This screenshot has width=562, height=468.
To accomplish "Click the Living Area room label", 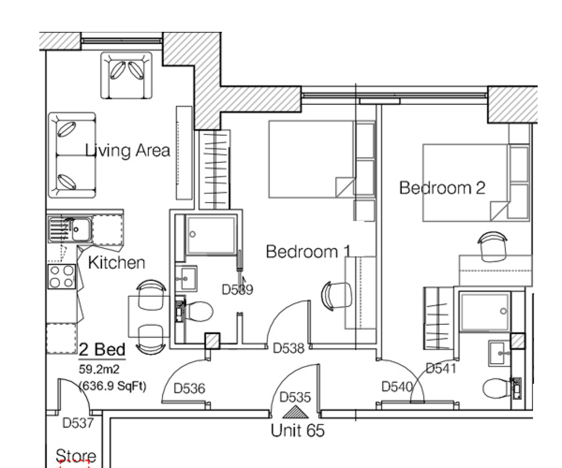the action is click(127, 150).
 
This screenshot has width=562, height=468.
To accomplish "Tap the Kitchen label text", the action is click(116, 263).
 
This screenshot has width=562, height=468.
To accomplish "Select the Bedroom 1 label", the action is click(308, 252).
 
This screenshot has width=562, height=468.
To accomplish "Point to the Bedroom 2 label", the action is click(442, 188).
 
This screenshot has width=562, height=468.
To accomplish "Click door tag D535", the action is click(295, 397).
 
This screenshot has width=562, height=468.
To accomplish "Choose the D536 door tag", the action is click(189, 388).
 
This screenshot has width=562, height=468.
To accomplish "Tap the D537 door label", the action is click(78, 423).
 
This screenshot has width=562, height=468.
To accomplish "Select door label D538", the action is click(289, 348).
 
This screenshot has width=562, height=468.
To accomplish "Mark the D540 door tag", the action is click(397, 387).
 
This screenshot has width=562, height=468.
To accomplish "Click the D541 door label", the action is click(441, 368).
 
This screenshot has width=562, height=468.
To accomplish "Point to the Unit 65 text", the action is click(297, 430).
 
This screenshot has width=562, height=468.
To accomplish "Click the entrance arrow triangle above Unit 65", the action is click(295, 413).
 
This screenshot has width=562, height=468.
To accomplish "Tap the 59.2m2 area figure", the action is click(99, 369).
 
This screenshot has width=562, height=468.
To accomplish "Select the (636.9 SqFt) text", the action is click(113, 386).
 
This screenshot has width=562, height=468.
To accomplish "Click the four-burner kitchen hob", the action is click(62, 277).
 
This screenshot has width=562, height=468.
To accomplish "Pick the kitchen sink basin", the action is click(81, 229).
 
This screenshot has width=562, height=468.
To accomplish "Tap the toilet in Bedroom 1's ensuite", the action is click(196, 312).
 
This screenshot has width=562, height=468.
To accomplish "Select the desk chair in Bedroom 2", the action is click(492, 246).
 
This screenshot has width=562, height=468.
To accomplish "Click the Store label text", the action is click(76, 456).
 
